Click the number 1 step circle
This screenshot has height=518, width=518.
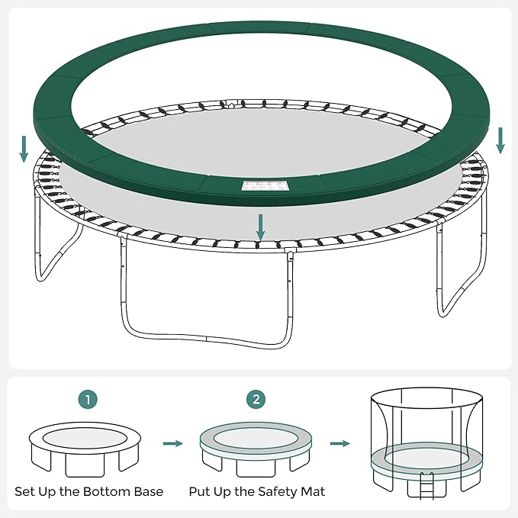[89, 399]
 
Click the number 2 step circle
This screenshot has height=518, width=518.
[256, 399]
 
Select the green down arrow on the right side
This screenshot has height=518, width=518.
[500, 140]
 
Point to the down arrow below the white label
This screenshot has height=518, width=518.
[261, 227]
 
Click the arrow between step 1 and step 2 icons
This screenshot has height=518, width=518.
[174, 443]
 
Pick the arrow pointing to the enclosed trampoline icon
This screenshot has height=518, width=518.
[341, 443]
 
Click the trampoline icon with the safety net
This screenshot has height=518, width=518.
[426, 439]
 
